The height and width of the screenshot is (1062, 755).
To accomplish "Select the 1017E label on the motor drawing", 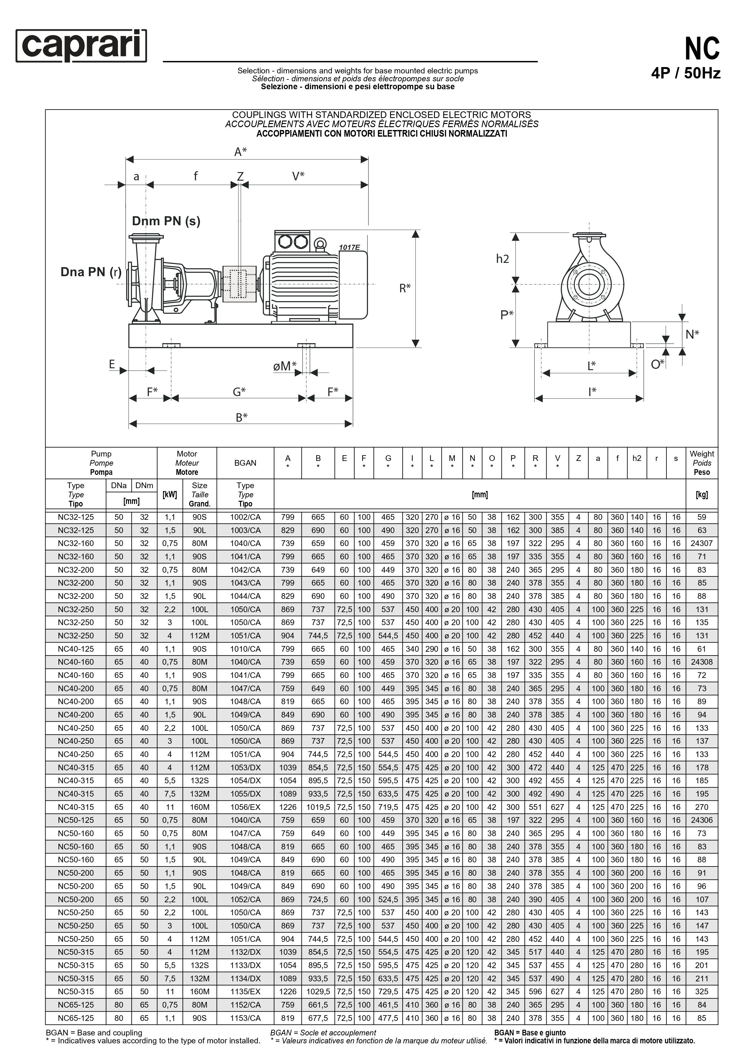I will tap(349, 247).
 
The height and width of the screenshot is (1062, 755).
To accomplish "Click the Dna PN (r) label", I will tap(91, 272).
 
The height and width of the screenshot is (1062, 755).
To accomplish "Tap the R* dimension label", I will tap(405, 288).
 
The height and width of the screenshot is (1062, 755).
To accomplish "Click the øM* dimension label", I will tap(285, 366).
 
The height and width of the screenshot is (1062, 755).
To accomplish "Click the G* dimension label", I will tap(239, 392).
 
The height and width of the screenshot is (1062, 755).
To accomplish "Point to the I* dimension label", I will tap(592, 392).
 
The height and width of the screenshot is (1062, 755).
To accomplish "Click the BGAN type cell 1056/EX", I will tap(245, 807).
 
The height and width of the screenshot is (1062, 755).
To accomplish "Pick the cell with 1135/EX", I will tap(245, 991).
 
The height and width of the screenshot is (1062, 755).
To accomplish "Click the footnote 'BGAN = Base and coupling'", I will tap(94, 1032).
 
